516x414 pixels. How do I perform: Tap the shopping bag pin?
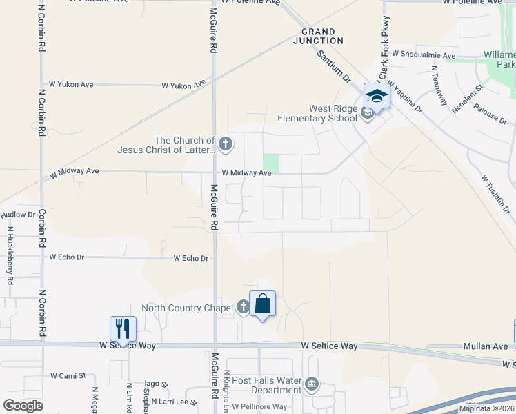262,304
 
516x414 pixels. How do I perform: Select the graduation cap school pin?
377,95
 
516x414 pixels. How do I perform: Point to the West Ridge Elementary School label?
317,113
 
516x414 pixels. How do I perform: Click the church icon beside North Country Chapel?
243,307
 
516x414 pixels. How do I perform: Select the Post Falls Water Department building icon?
312,384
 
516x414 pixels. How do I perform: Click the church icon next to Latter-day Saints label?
227,145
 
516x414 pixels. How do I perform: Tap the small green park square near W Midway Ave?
270,164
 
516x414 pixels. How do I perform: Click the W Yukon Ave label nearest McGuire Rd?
184,86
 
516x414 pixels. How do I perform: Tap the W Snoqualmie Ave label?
424,54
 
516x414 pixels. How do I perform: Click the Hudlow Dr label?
17,215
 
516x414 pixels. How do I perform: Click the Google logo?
23,406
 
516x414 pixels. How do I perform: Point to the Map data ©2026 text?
486,408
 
